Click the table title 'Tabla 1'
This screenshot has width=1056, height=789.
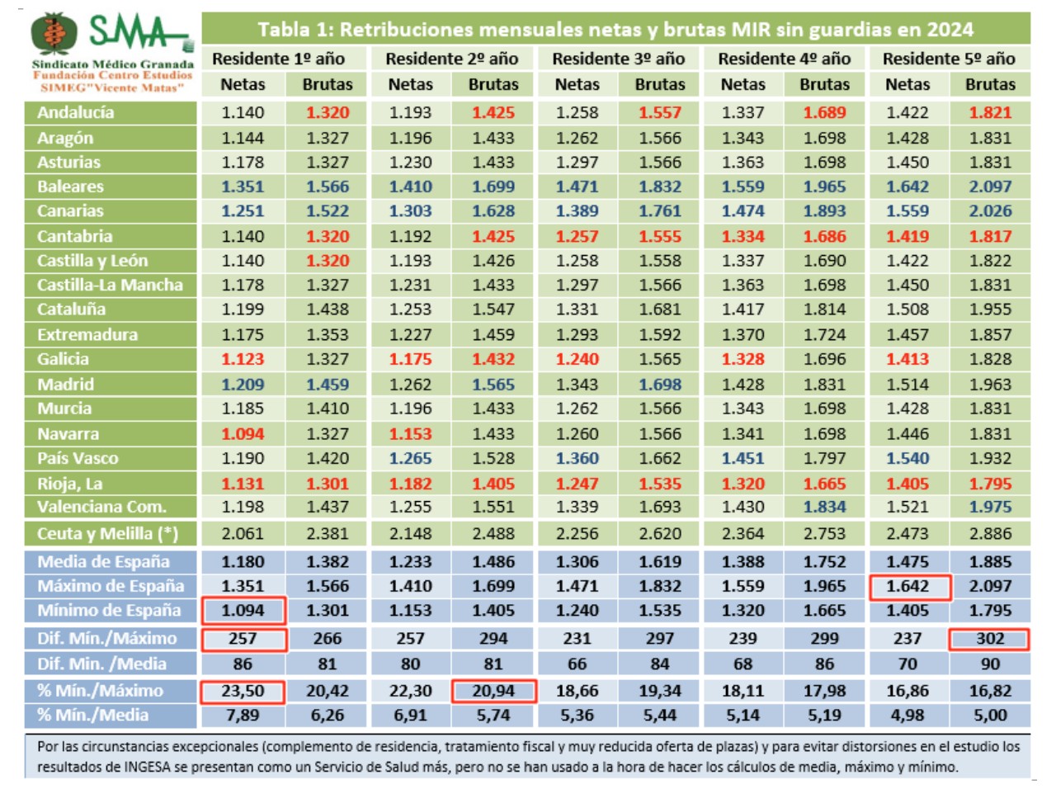click(615, 30)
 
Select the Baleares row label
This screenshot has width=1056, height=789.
click(70, 187)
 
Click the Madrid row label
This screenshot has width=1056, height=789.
click(65, 384)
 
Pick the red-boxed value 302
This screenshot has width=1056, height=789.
click(989, 639)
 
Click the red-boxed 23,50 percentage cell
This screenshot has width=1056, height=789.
click(243, 691)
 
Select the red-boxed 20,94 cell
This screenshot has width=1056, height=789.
click(493, 691)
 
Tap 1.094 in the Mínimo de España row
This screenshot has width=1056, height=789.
click(243, 611)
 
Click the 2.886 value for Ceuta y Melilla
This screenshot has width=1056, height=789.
click(990, 534)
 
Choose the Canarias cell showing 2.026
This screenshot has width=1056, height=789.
click(990, 211)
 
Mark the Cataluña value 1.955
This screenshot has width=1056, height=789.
click(990, 309)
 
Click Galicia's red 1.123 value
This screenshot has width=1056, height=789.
click(243, 359)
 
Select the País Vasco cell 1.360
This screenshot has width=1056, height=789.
click(577, 458)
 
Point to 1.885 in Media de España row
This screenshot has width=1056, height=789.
click(990, 562)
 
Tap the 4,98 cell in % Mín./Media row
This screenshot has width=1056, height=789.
click(907, 716)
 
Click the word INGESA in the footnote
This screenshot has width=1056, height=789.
click(125, 767)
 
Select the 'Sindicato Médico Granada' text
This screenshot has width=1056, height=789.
click(113, 64)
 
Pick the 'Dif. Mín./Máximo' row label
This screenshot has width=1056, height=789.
click(106, 639)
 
